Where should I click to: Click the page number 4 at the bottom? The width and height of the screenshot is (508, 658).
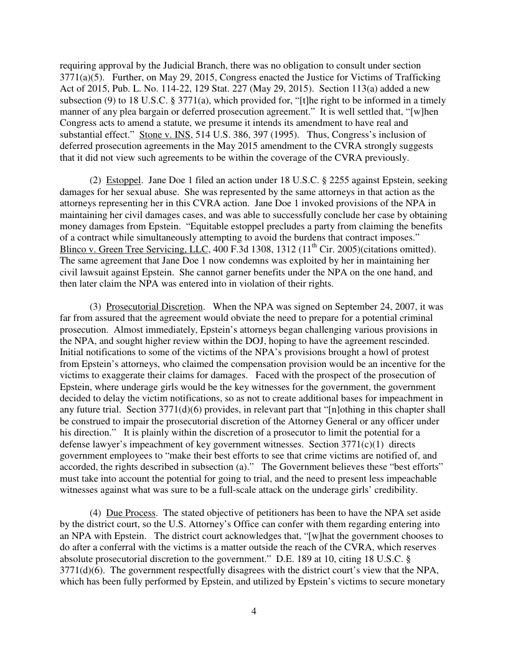[x=253, y=611]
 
